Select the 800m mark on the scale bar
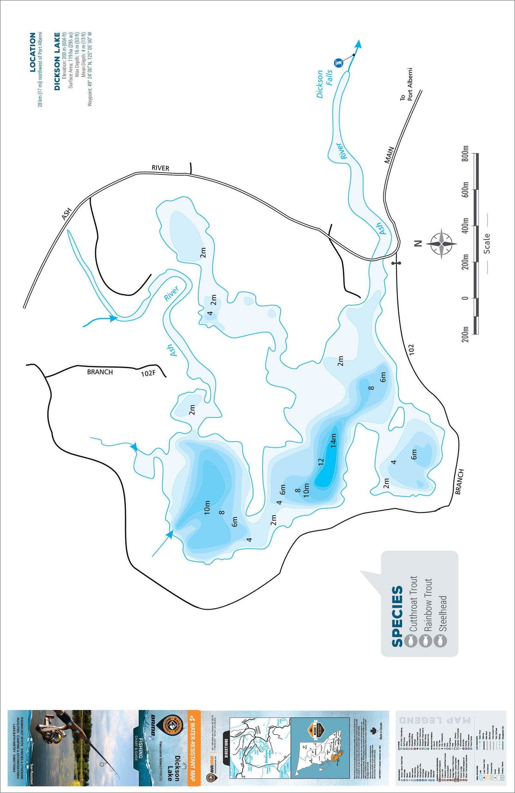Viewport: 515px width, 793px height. tap(465, 155)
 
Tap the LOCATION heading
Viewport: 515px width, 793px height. tap(33, 52)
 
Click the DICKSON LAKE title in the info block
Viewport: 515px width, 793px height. tap(57, 61)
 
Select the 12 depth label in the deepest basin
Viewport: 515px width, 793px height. tap(321, 461)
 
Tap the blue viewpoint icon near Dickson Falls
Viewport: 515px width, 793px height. tap(338, 62)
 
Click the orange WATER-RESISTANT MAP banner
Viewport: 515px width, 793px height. tap(193, 746)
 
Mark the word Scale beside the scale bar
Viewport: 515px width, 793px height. tap(487, 243)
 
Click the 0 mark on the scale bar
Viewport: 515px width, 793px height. tap(465, 298)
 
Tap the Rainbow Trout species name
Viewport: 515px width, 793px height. tap(428, 605)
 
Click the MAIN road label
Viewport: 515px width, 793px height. tap(389, 155)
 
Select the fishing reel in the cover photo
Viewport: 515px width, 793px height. tap(47, 730)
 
